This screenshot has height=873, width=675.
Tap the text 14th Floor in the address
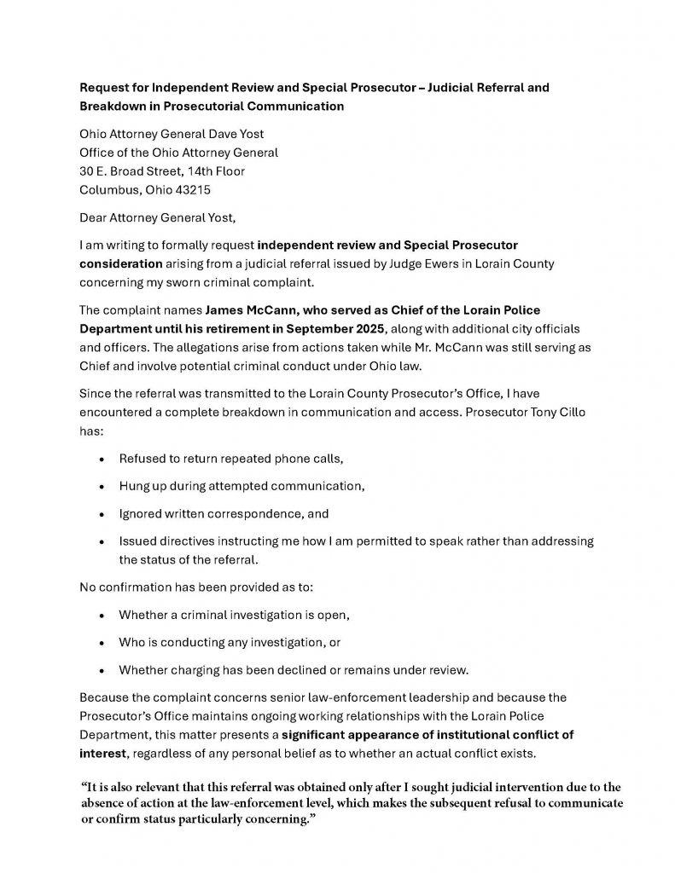point(217,171)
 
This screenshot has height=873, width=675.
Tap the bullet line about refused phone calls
point(230,458)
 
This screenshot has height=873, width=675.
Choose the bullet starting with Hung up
point(241,486)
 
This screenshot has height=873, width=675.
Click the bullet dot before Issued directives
point(102,542)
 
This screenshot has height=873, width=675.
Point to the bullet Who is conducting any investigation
point(230,642)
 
